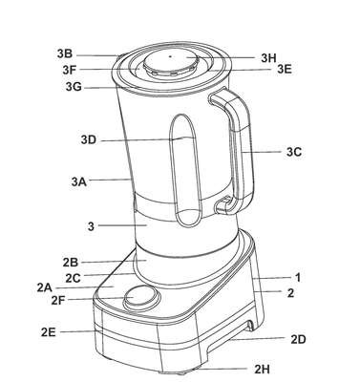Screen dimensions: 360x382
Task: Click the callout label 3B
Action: (x=65, y=53)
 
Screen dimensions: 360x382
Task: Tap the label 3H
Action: (x=268, y=58)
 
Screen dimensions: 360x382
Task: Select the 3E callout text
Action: (x=285, y=69)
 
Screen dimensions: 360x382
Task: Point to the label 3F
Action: (x=70, y=70)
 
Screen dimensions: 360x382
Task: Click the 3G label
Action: (x=74, y=86)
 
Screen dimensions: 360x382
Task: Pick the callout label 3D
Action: (x=88, y=139)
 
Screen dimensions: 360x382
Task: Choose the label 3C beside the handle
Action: (x=294, y=152)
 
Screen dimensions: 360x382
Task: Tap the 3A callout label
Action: (x=79, y=181)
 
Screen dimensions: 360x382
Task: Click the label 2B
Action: (x=71, y=263)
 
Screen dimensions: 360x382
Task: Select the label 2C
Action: (x=73, y=278)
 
